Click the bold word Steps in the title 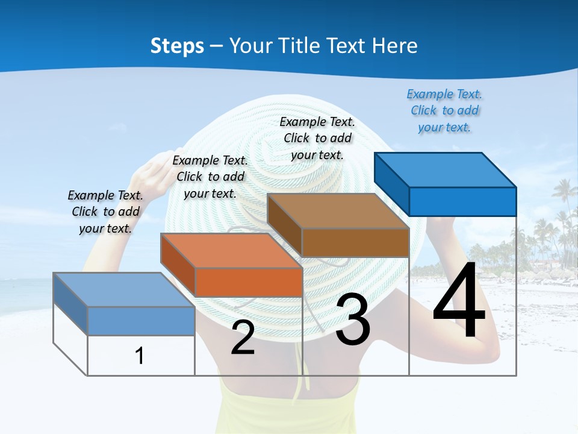click(177, 46)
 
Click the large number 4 click(459, 301)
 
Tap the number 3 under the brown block click(353, 320)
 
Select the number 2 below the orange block click(243, 338)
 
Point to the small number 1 click(139, 356)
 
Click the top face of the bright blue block click(445, 169)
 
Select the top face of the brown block click(338, 211)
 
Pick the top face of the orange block click(231, 250)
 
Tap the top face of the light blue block click(124, 290)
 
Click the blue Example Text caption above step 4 click(444, 111)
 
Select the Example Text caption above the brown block click(317, 138)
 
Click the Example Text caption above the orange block click(210, 177)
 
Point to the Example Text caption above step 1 click(105, 212)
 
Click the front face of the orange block click(249, 283)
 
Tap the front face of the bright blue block click(462, 201)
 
